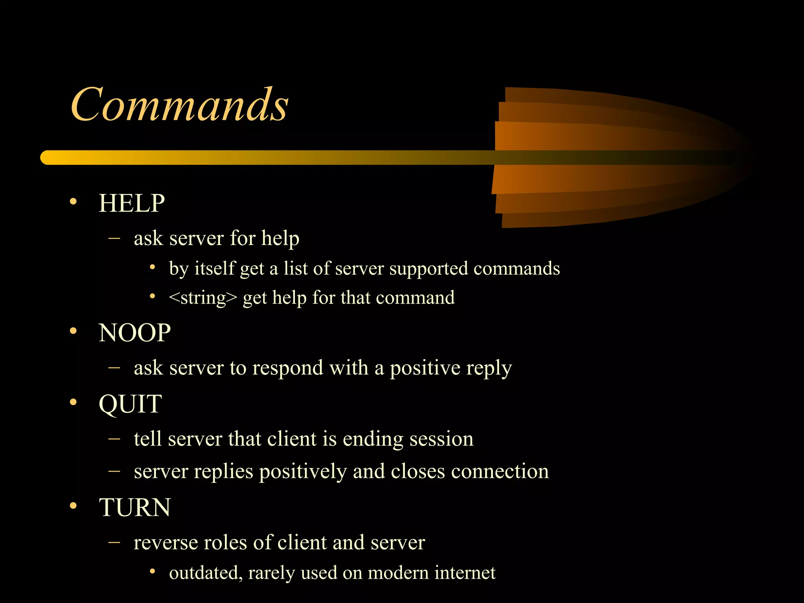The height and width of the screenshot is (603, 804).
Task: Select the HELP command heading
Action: [x=132, y=203]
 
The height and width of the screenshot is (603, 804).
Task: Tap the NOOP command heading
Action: [x=134, y=333]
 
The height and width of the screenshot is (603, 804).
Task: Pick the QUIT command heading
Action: [x=130, y=404]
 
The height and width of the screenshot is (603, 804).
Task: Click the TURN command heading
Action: [x=135, y=507]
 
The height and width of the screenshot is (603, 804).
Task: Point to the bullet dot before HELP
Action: [x=73, y=202]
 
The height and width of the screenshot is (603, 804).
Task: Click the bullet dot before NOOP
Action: [x=73, y=331]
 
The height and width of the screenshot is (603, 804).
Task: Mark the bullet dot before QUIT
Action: [x=73, y=402]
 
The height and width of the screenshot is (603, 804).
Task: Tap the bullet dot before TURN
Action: [x=73, y=506]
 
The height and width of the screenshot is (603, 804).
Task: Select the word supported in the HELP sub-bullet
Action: [x=429, y=269]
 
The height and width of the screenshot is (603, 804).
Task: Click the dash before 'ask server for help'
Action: [x=114, y=238]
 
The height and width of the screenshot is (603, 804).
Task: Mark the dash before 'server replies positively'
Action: [x=114, y=471]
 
